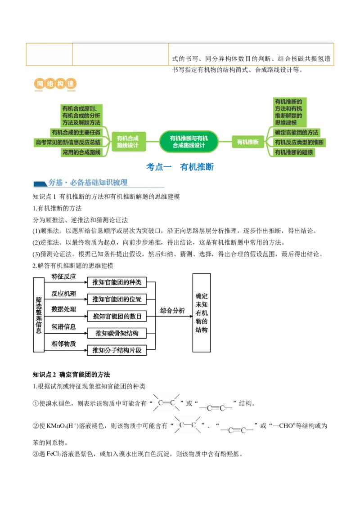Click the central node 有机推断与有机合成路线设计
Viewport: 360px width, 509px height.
click(189, 142)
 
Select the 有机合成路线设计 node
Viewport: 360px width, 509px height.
click(128, 142)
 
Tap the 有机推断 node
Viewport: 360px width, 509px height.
click(248, 142)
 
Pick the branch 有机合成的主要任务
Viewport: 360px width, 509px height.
click(76, 132)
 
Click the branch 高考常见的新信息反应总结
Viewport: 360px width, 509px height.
click(67, 142)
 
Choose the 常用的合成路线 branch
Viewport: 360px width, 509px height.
click(81, 152)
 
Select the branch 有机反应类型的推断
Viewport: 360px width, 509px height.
click(299, 142)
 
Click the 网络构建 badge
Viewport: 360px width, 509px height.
click(54, 84)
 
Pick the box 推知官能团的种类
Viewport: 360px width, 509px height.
click(117, 282)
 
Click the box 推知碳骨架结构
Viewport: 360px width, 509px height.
click(117, 333)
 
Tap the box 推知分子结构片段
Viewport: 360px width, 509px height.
click(117, 350)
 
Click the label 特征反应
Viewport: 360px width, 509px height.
click(63, 277)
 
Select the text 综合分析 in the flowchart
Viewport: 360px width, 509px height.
click(172, 311)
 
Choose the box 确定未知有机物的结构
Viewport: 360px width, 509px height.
click(202, 313)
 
